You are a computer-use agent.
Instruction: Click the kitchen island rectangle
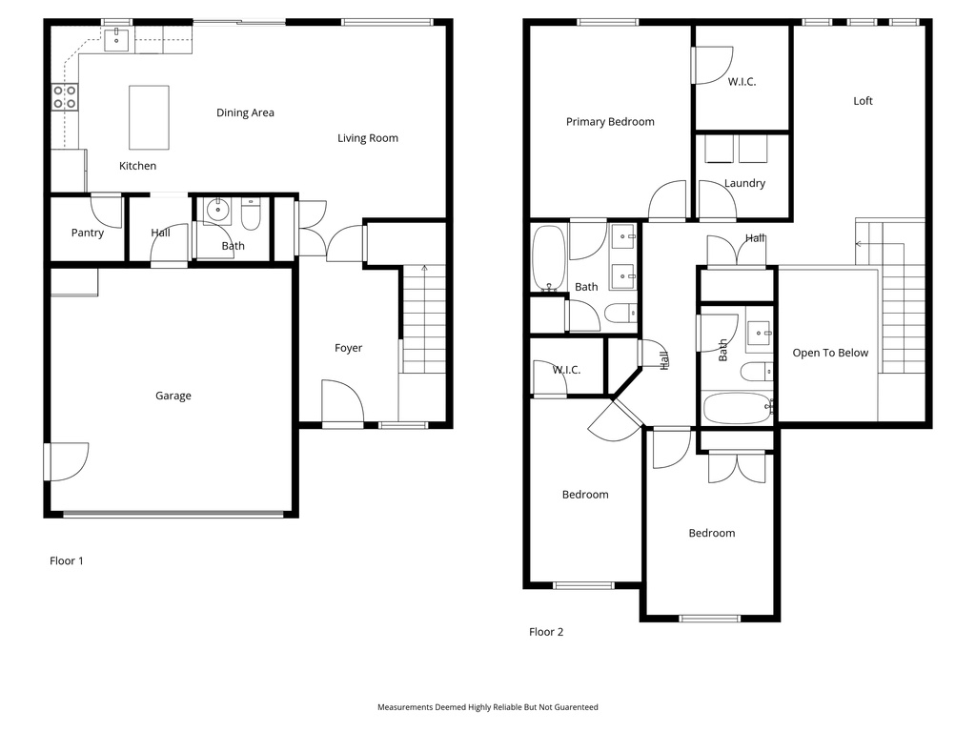(149, 117)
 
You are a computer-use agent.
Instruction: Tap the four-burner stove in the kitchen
(65, 97)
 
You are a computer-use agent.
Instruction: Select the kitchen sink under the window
(115, 39)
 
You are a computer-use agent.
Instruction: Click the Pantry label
(87, 233)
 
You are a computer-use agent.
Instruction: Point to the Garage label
(173, 396)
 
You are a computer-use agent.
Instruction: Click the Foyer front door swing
(342, 402)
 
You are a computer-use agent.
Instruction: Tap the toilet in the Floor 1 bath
(251, 214)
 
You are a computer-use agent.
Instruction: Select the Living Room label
(368, 138)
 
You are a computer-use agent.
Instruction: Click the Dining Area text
(245, 112)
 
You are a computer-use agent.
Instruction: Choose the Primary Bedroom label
(610, 122)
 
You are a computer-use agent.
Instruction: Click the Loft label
(863, 101)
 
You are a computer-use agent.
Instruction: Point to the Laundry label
(744, 183)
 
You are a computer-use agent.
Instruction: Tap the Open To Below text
(830, 353)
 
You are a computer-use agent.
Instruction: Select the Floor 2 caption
(546, 632)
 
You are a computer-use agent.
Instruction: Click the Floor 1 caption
(67, 560)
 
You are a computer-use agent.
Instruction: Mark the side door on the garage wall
(66, 462)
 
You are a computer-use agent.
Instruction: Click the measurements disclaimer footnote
(488, 707)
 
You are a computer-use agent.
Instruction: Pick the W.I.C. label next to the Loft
(742, 82)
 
